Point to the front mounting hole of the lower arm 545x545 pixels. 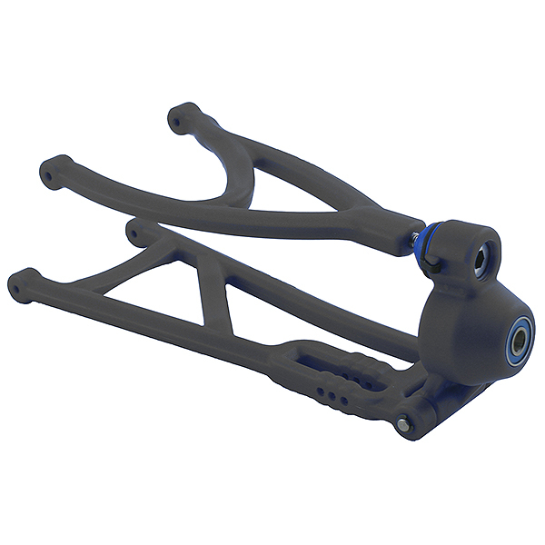[x=22, y=279]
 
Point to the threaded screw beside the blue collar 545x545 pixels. [x=420, y=239]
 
